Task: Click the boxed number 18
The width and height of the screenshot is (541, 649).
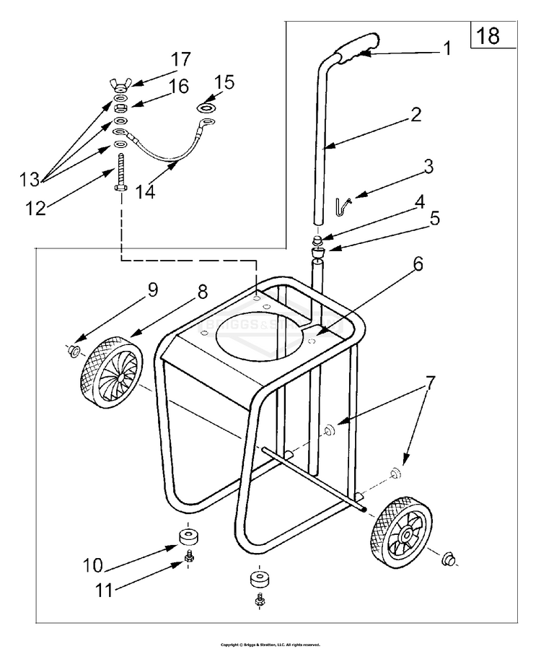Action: [x=488, y=35]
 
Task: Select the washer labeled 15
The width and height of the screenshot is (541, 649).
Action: [x=207, y=107]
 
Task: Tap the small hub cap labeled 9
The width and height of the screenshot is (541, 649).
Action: [x=73, y=352]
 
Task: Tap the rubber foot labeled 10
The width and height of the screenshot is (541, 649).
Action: [x=190, y=537]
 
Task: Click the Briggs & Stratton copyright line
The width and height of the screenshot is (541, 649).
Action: [x=270, y=644]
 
